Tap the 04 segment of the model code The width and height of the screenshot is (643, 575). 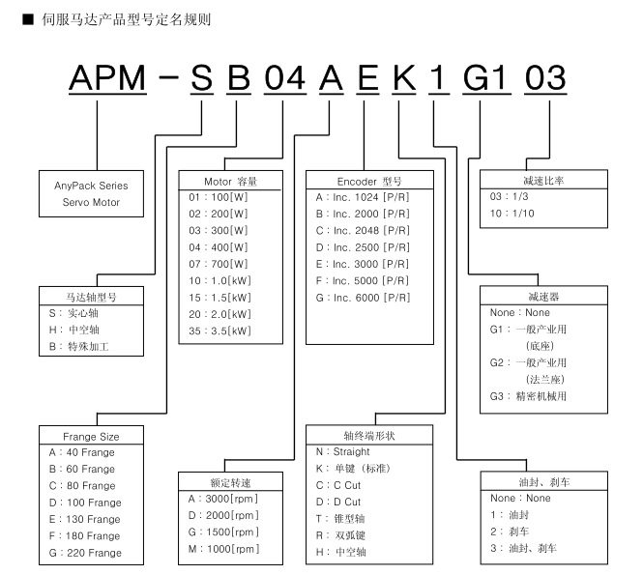(285, 78)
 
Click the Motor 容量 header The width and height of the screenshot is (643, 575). (230, 181)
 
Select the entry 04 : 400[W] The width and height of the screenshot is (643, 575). (219, 245)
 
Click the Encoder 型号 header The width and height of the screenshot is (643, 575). (369, 181)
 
